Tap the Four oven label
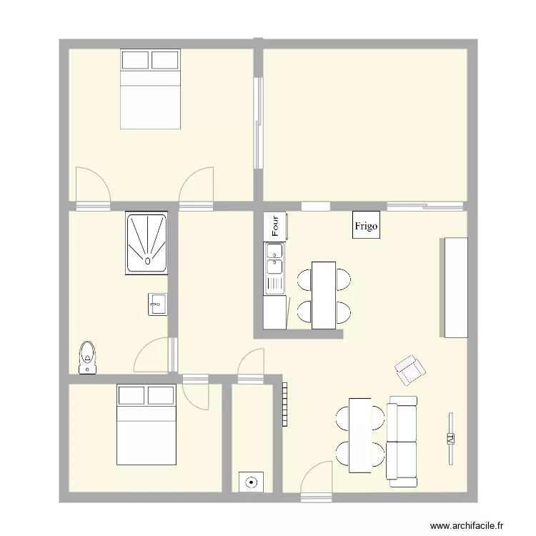(275, 226)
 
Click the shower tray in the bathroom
(147, 242)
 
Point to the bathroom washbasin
(157, 304)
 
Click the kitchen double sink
(274, 268)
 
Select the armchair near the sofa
(410, 369)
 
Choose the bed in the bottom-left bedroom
(146, 424)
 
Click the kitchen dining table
(324, 295)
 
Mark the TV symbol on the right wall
(451, 438)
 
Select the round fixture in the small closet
(252, 482)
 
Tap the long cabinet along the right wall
(455, 287)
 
